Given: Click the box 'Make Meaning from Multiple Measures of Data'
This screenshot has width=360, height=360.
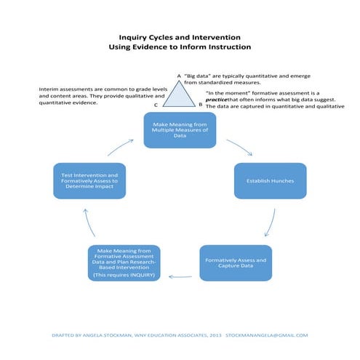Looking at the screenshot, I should point(180,129).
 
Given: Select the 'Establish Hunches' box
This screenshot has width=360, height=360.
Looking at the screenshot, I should point(270,180).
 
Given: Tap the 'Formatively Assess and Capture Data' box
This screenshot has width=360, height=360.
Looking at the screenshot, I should point(236,263).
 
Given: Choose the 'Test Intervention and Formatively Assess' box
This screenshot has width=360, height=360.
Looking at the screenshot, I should point(90,181).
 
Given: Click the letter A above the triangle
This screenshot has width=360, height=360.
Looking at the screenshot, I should point(179,75).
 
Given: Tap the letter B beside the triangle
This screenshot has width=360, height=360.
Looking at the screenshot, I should point(201,105).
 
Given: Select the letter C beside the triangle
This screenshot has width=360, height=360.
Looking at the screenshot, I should point(156,105).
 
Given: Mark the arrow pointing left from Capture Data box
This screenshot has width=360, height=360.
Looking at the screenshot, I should point(180,276).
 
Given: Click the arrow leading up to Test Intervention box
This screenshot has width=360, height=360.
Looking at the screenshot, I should point(89,222).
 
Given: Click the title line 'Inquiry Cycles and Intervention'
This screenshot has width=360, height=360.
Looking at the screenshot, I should point(180,36).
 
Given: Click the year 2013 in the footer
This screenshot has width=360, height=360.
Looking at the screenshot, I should point(210,335).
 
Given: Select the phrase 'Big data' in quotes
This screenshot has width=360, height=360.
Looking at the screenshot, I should point(198,75).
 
